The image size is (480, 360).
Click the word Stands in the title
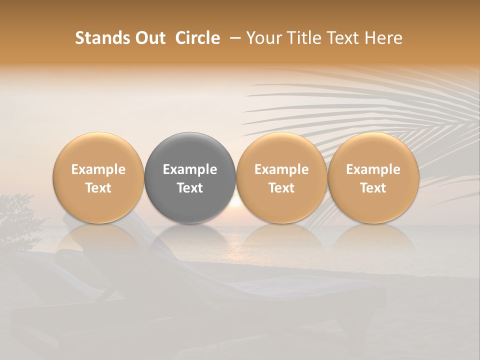(101, 38)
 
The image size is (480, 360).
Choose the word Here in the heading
(383, 38)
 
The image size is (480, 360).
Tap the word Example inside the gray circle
(190, 169)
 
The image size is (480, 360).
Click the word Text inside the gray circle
(190, 188)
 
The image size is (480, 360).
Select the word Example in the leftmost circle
(98, 169)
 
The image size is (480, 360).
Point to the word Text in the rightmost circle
(373, 188)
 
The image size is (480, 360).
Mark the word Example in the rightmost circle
(373, 169)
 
